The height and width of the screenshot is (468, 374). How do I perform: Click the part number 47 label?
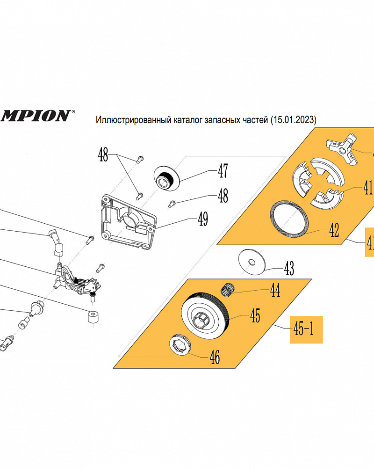223,171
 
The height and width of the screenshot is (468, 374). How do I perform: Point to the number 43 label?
289,269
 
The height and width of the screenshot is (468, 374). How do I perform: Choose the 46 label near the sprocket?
214,358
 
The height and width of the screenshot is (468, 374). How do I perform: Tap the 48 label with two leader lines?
103,154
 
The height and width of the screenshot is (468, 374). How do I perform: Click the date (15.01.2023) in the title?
293,120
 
